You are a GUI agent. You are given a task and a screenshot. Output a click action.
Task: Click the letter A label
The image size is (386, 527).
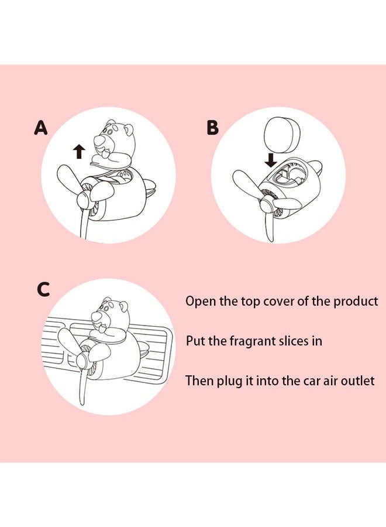coord(40,127)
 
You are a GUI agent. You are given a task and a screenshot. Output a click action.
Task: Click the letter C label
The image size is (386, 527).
coord(43,289)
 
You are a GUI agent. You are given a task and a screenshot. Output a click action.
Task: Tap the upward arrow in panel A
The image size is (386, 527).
coord(79,152)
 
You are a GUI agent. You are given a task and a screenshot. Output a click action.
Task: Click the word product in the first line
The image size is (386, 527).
coord(356,302)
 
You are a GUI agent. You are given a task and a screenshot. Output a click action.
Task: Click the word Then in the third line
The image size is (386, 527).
coord(198,381)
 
